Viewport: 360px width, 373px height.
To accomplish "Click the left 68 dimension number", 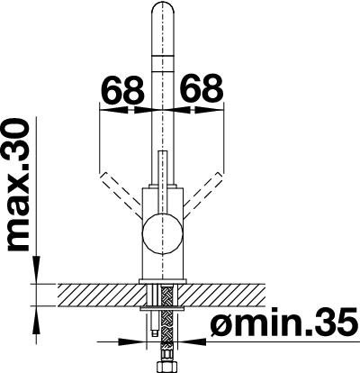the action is click(x=122, y=89).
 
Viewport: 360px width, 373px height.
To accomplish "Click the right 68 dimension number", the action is click(x=202, y=89).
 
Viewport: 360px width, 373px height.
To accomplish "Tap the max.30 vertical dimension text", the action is click(x=17, y=185).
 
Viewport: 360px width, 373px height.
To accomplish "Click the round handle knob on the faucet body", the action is click(x=163, y=234).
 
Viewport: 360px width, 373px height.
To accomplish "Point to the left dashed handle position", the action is click(x=121, y=195).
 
